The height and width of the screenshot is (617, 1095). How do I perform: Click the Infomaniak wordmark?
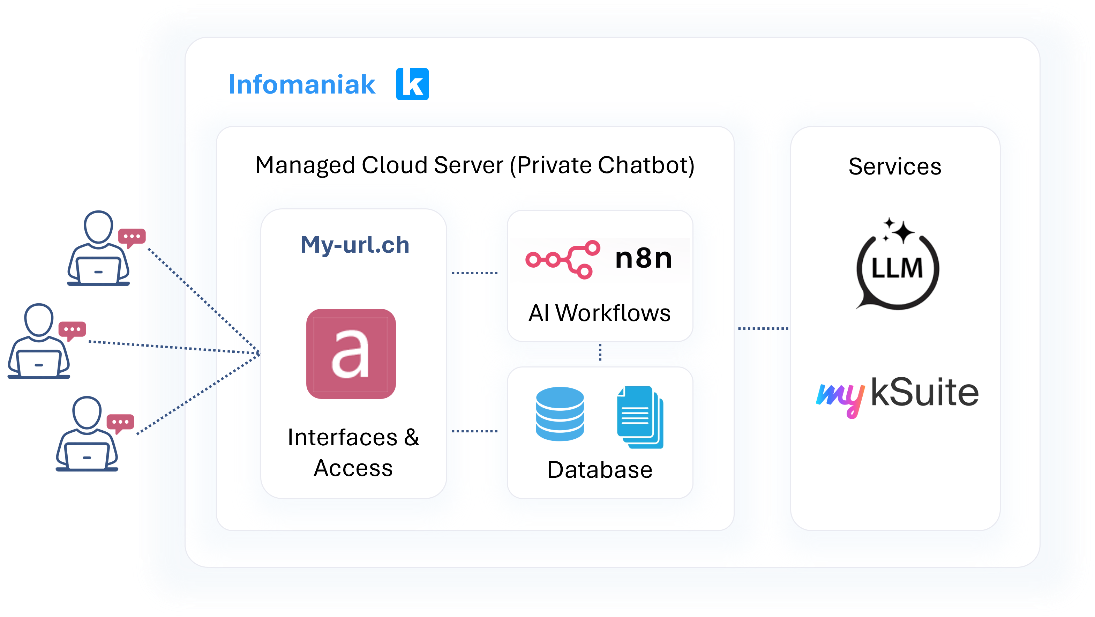click(301, 84)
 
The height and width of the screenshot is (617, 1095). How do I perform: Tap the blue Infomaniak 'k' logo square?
click(412, 84)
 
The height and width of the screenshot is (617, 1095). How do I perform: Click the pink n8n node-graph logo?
click(562, 259)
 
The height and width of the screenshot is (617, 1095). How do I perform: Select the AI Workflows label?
click(599, 313)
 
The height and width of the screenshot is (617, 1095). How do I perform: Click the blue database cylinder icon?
click(560, 414)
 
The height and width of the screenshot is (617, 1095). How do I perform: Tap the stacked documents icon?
click(640, 417)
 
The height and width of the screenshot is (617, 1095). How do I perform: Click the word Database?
click(599, 469)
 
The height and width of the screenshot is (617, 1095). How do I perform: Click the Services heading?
click(895, 166)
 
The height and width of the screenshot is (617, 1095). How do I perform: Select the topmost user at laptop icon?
click(99, 249)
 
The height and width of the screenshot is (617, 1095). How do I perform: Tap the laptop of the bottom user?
click(87, 456)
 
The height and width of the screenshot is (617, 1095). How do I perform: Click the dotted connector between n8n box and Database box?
click(600, 352)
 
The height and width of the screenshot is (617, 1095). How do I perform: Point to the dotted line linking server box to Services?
click(763, 328)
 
